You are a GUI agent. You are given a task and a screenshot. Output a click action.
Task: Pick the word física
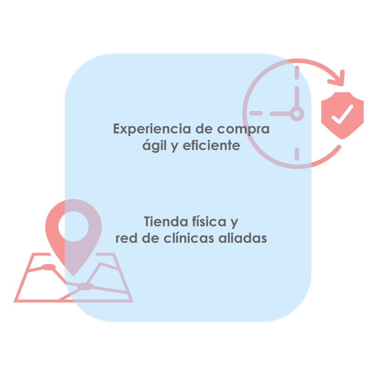[212, 222]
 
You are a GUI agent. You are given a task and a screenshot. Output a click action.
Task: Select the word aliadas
[245, 238]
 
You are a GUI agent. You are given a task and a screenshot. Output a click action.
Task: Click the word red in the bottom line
[124, 238]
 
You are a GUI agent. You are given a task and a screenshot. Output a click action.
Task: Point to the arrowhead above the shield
[338, 78]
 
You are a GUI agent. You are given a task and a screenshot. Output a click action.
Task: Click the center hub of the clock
[297, 113]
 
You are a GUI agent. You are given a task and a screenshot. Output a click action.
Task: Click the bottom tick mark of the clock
[297, 153]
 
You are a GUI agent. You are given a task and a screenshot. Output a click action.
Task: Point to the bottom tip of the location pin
[73, 274]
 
